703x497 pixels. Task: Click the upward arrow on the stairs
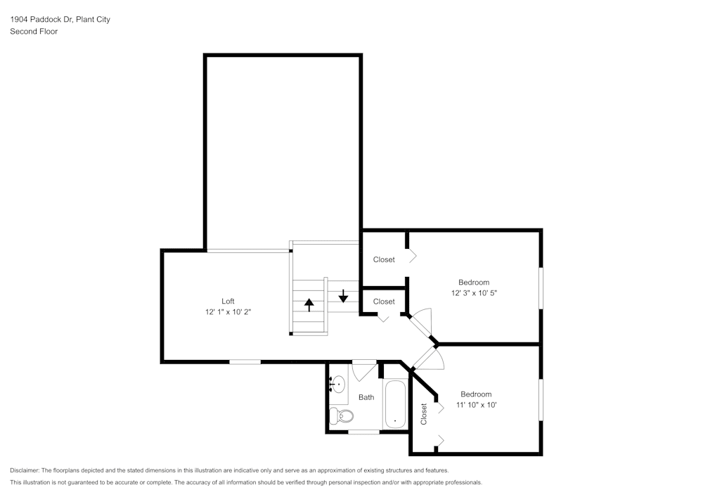(x=309, y=305)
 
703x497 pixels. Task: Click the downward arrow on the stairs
(x=343, y=295)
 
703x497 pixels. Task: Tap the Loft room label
(x=228, y=301)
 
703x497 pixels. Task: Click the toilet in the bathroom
(x=342, y=416)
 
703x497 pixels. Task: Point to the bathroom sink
(x=338, y=384)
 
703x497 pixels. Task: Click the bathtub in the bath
(x=395, y=405)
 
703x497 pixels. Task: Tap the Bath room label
(x=366, y=397)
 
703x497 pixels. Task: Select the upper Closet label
(x=384, y=259)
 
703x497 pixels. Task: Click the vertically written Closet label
(x=423, y=414)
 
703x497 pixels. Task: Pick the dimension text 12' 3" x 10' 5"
(x=474, y=292)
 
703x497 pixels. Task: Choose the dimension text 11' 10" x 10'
(x=476, y=405)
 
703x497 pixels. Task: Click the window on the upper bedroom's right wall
(x=541, y=287)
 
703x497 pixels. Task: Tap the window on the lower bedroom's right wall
(x=541, y=400)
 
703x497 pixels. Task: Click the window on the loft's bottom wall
(x=245, y=361)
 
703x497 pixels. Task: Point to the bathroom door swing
(x=364, y=370)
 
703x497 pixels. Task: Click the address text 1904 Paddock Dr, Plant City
(x=60, y=20)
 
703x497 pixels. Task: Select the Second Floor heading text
(x=34, y=32)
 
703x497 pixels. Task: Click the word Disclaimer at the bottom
(x=25, y=470)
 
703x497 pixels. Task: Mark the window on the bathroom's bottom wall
(x=364, y=432)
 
